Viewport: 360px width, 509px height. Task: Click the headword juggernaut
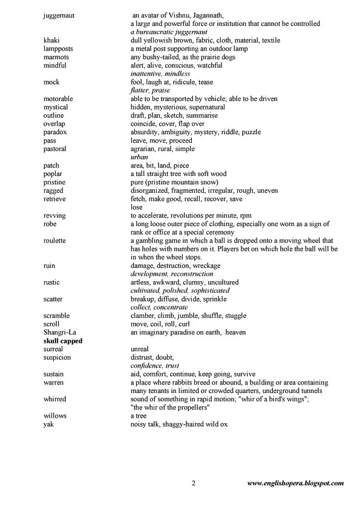click(x=59, y=15)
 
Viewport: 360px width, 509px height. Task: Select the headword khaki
click(x=51, y=40)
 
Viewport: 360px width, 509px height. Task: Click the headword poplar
click(x=53, y=173)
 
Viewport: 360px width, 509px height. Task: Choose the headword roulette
click(x=56, y=241)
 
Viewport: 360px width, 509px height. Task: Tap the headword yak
click(x=49, y=424)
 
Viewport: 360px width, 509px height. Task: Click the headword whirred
click(x=55, y=400)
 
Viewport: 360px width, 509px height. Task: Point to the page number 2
click(x=193, y=483)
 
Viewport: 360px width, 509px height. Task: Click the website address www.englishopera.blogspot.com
click(x=296, y=483)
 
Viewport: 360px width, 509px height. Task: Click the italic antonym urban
click(x=140, y=157)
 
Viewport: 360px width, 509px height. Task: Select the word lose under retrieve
click(x=137, y=207)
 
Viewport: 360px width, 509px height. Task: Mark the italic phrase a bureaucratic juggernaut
click(x=169, y=31)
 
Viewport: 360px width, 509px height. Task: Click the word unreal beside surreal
click(x=140, y=349)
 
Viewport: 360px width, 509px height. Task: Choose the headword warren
click(x=53, y=383)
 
